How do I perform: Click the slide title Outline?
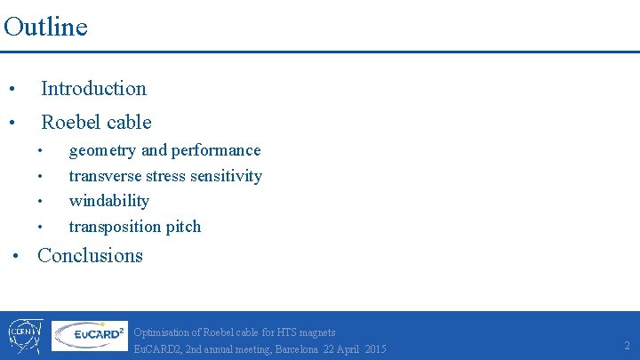[x=45, y=27]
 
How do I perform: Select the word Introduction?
[x=93, y=88]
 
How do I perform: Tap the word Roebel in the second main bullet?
[x=68, y=122]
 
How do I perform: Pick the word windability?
[x=108, y=201]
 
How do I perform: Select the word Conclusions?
[x=90, y=255]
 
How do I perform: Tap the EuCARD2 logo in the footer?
[x=88, y=336]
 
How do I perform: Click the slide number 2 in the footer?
[x=627, y=345]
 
